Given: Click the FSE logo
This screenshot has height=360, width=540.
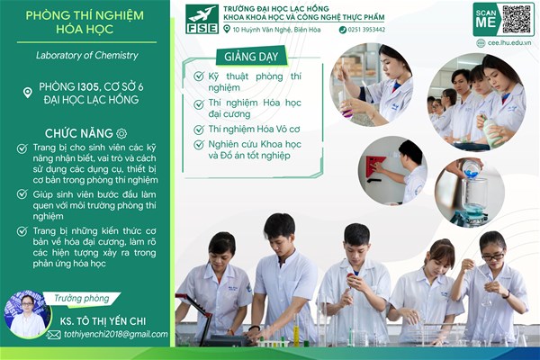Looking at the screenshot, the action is [202, 19].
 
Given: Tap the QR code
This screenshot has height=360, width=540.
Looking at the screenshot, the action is [517, 19].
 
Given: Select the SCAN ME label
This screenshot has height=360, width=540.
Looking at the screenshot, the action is [486, 19].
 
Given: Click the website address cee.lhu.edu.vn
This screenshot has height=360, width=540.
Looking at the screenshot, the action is [509, 43].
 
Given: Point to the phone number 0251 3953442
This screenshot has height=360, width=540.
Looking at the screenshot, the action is [366, 30].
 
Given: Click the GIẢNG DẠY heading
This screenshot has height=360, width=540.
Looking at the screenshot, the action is [251, 57].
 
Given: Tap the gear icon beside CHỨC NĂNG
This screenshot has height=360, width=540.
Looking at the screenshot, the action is [121, 133].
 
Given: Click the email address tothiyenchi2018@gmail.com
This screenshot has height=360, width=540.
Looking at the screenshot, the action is [116, 334].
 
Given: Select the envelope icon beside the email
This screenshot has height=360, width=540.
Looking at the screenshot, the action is [54, 335].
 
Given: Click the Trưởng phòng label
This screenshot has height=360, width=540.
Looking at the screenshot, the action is [82, 298].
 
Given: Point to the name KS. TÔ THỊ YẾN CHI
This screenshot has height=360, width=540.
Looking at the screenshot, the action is [103, 321].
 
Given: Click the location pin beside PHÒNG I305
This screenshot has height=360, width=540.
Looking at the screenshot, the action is [28, 93].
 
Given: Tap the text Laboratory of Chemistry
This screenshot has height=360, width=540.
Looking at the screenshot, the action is [87, 55].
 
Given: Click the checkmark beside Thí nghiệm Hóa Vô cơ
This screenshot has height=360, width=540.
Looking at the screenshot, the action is [199, 130].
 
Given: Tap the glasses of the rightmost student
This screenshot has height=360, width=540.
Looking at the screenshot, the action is [493, 256].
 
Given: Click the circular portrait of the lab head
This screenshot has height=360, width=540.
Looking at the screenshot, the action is [27, 314].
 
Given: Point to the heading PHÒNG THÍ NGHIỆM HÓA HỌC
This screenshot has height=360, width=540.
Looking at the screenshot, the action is [85, 22].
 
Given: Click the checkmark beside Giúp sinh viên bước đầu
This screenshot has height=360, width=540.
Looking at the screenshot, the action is [22, 194].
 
